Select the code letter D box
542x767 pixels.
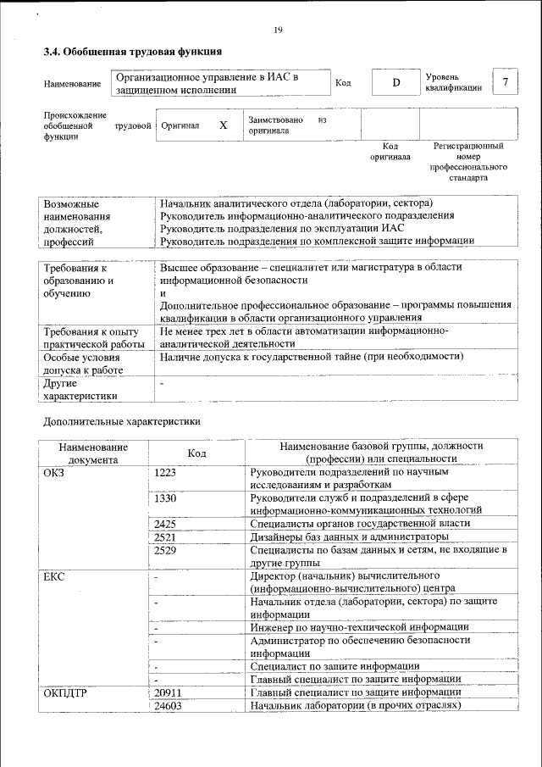(395, 82)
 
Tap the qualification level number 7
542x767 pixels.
(506, 82)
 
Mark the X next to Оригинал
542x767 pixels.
(224, 125)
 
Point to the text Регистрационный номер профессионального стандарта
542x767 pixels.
(467, 163)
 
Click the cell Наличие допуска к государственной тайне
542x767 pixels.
(312, 357)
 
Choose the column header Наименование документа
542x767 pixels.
(93, 453)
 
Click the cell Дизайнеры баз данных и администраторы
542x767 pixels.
(349, 537)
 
